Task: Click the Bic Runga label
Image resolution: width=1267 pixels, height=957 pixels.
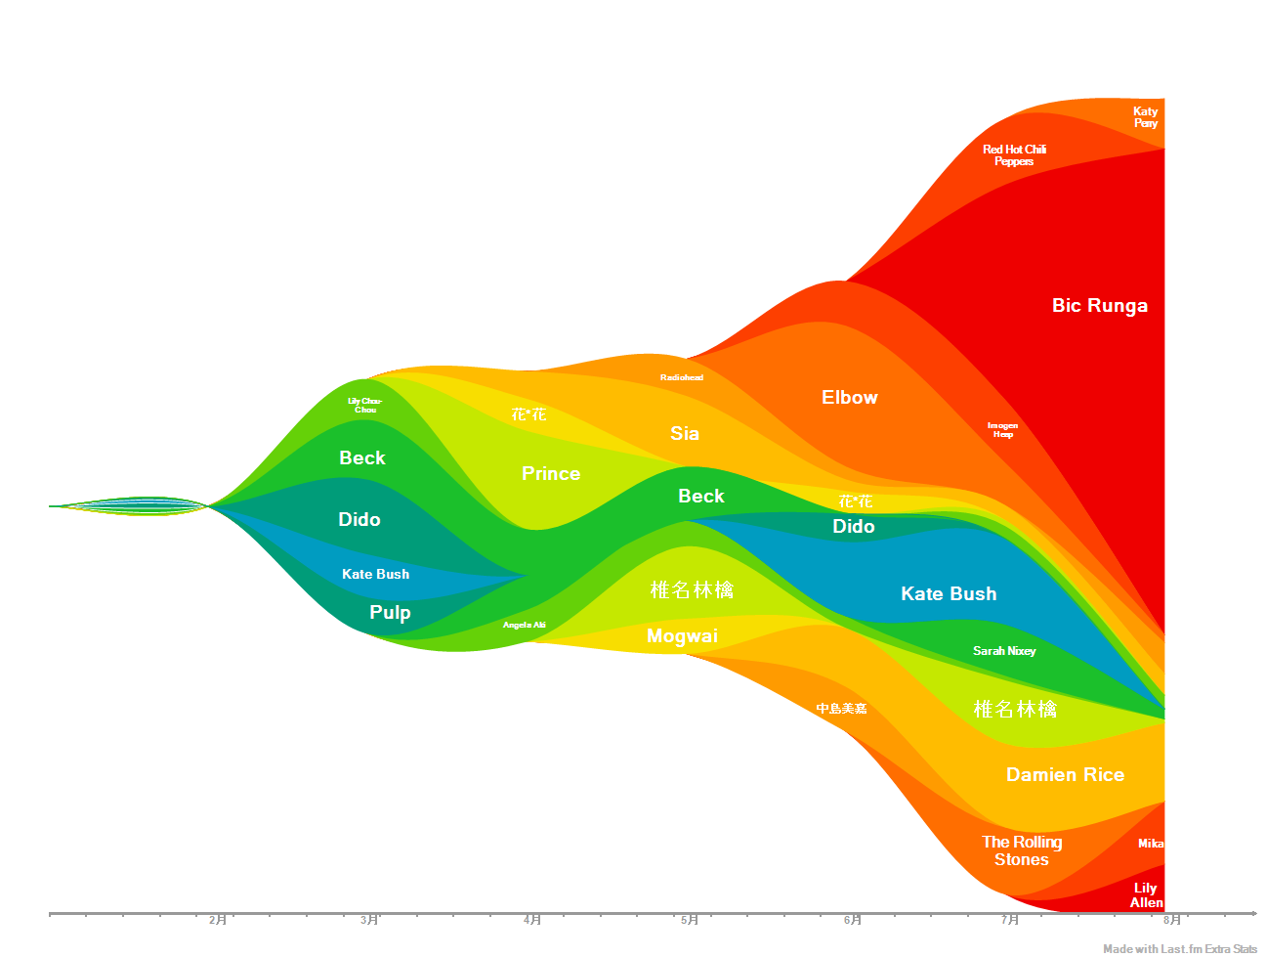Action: [1099, 305]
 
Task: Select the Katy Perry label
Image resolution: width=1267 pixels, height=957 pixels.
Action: [1145, 117]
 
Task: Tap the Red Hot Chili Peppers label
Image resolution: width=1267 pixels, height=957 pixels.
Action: [1014, 155]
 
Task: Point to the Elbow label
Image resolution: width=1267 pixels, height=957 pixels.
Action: [849, 397]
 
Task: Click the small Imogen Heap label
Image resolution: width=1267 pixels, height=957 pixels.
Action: [1002, 429]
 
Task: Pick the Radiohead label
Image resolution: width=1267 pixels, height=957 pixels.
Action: [681, 377]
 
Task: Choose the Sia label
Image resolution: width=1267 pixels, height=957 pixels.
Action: [684, 433]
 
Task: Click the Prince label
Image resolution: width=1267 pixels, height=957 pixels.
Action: [551, 473]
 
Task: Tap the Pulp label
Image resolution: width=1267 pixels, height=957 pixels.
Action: [390, 612]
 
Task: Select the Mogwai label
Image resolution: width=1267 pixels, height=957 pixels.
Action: [682, 636]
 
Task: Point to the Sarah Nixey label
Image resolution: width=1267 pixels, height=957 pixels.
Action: [1004, 651]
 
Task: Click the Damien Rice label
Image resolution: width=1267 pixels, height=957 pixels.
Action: [1065, 774]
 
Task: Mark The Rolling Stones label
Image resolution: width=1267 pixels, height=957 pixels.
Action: [1022, 850]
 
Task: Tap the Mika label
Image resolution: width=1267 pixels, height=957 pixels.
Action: [1150, 844]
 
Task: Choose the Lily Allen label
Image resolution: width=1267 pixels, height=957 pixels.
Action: [1146, 894]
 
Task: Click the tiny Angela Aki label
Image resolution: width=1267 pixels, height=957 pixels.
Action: [524, 625]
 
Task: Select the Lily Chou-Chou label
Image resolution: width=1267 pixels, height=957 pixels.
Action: [365, 405]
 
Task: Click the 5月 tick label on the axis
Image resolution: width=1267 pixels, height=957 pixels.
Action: [689, 920]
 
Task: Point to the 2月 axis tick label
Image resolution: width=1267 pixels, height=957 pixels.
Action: [217, 920]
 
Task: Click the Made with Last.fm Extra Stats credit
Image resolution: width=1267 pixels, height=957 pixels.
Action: [1180, 948]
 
